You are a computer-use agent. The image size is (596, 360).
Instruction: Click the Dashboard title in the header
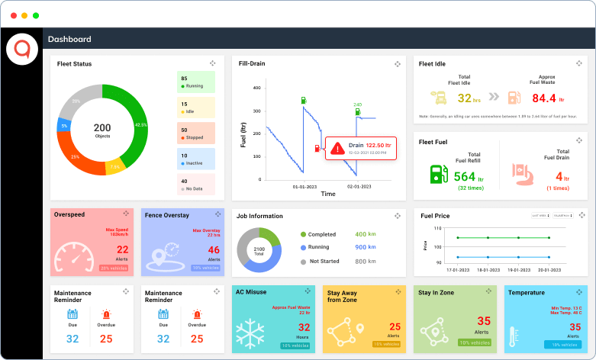click(x=69, y=40)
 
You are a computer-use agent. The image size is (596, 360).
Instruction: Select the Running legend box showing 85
click(x=196, y=82)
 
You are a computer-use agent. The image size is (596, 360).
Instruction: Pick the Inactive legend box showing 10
click(x=196, y=159)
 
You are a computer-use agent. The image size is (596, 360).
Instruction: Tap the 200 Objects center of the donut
click(x=102, y=130)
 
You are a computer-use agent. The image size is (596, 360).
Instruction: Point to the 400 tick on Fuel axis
click(x=256, y=88)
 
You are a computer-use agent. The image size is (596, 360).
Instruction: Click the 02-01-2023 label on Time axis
click(x=359, y=186)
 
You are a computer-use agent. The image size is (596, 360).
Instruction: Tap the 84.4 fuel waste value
click(x=544, y=98)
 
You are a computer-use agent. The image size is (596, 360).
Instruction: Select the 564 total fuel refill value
click(x=464, y=177)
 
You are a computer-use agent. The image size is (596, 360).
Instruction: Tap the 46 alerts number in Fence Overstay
click(x=214, y=250)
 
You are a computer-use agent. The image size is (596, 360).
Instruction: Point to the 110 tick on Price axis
click(x=437, y=228)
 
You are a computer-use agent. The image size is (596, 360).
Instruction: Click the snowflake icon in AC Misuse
click(x=257, y=332)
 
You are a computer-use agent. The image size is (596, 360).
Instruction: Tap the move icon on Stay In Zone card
click(x=488, y=291)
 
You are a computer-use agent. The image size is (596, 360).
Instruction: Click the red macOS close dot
click(x=13, y=15)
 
